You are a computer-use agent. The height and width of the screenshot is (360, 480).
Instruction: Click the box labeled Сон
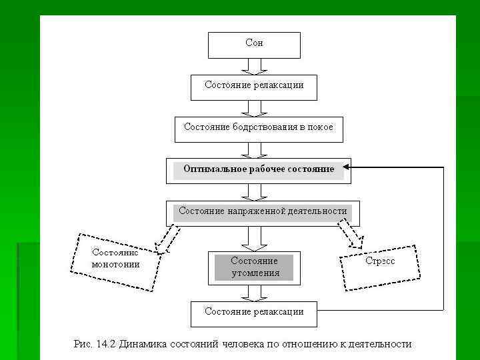click(254, 45)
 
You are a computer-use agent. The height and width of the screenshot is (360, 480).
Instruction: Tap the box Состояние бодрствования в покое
click(258, 129)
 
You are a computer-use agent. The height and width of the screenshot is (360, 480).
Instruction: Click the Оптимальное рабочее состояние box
click(258, 170)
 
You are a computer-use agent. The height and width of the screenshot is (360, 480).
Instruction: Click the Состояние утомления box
click(254, 267)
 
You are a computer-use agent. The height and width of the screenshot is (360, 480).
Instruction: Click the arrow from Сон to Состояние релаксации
click(254, 66)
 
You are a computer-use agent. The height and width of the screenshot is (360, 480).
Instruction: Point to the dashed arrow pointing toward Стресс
click(349, 234)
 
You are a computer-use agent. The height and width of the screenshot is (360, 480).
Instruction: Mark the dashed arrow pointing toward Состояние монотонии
click(167, 239)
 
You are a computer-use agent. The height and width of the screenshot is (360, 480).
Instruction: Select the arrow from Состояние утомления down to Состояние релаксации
click(254, 292)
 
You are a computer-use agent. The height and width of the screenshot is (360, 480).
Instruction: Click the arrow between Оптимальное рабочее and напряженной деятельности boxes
click(254, 192)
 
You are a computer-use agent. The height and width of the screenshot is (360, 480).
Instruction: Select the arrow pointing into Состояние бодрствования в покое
click(254, 108)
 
